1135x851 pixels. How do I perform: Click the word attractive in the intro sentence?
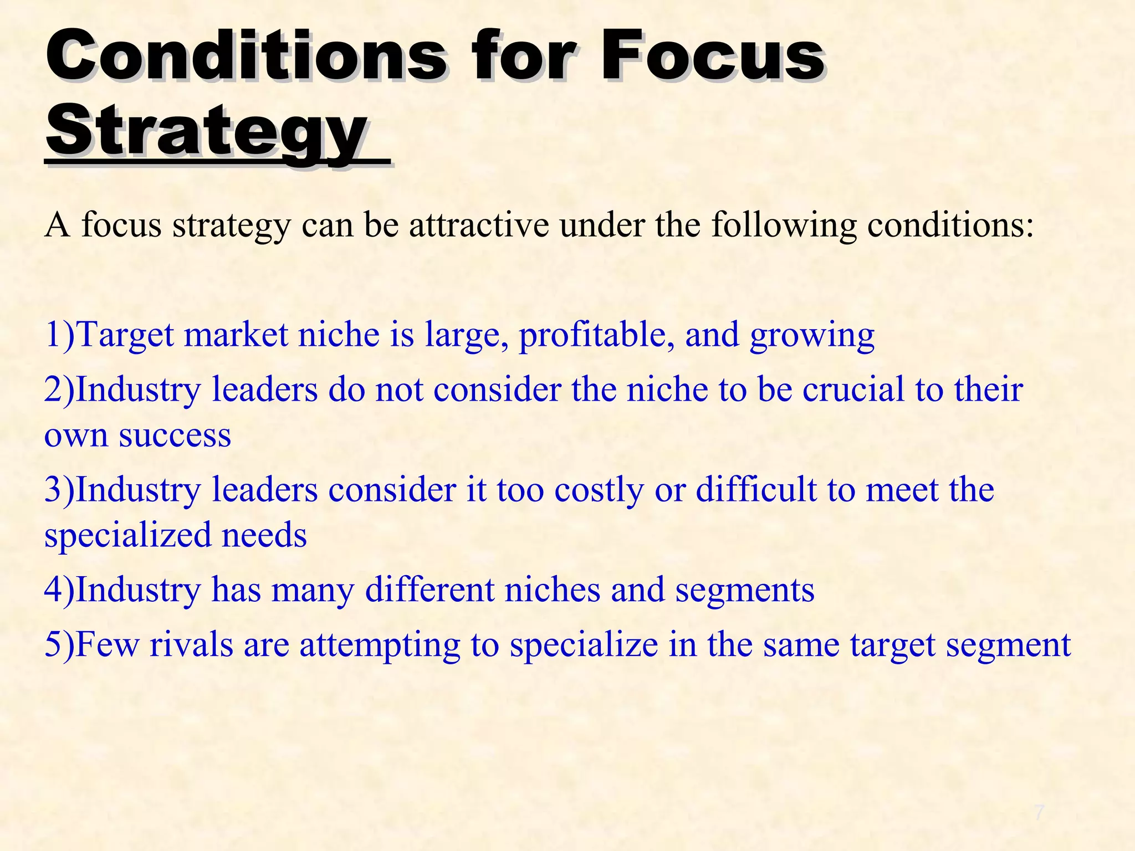479,225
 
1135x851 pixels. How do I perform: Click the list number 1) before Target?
59,335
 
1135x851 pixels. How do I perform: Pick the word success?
175,435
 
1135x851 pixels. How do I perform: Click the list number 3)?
59,490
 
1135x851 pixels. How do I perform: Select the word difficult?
756,490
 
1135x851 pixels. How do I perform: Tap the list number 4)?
59,589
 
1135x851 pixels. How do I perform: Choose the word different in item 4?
430,589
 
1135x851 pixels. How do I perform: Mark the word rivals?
191,644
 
